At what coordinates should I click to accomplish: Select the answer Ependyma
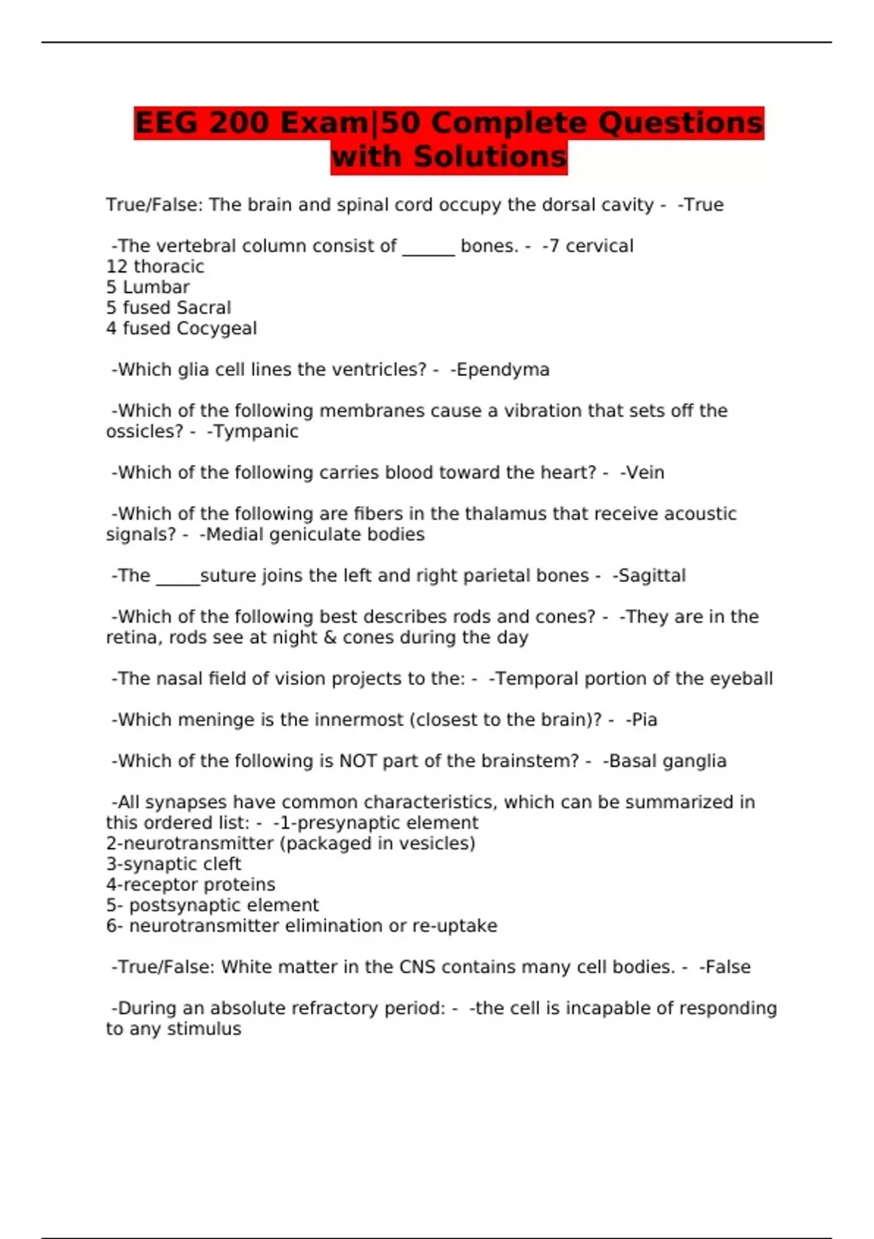pos(503,370)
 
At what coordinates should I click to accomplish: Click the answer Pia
pos(645,720)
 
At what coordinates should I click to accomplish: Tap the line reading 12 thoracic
pos(155,267)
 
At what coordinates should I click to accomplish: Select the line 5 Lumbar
pos(148,287)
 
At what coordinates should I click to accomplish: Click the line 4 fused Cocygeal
pos(181,329)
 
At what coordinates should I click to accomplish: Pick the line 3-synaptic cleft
pos(173,864)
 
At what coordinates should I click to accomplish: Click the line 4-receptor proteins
pos(191,885)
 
